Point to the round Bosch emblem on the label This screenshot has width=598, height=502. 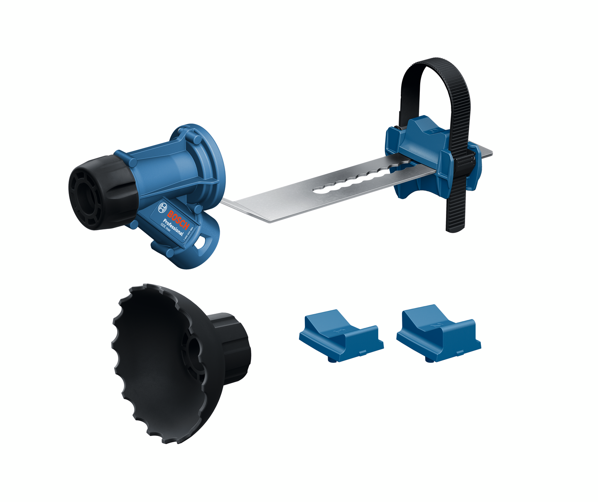point(162,207)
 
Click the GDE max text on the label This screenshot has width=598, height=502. point(167,230)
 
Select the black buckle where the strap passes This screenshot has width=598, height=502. point(467,159)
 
